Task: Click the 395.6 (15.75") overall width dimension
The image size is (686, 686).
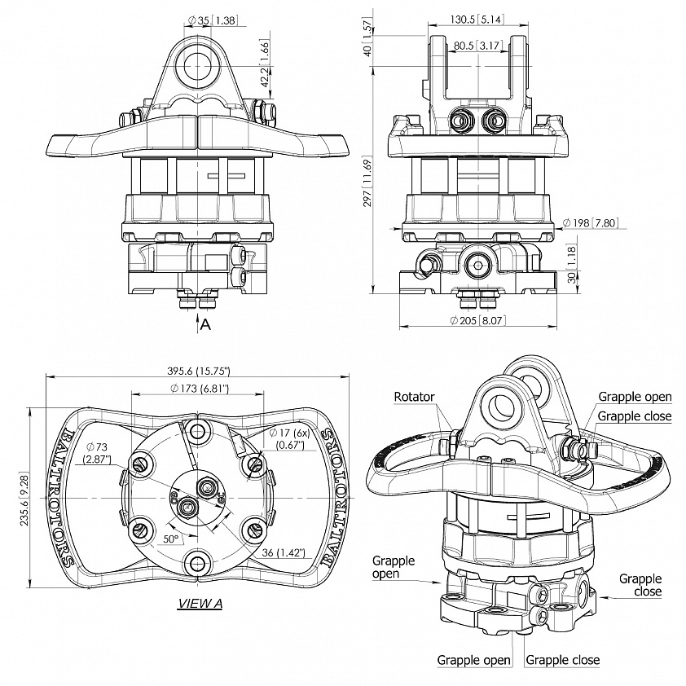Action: (199, 370)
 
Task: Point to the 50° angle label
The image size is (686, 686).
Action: (171, 539)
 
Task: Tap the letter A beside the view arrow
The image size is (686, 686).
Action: (205, 323)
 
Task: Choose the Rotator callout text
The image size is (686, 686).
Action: (415, 397)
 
